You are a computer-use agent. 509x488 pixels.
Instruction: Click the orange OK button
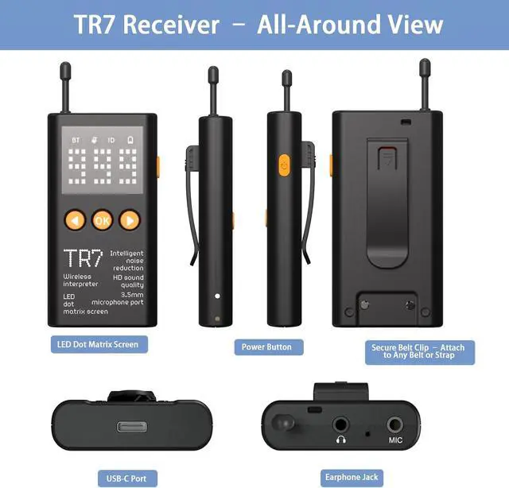click(x=103, y=221)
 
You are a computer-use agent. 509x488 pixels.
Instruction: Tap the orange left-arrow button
click(x=75, y=221)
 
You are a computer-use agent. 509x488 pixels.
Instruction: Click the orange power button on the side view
click(x=285, y=165)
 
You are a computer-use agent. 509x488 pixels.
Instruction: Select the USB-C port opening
click(x=132, y=427)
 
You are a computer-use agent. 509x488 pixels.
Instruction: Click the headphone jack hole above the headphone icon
click(x=340, y=424)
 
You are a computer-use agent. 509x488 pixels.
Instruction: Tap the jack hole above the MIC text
click(x=395, y=424)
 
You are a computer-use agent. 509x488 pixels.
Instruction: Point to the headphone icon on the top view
click(x=341, y=440)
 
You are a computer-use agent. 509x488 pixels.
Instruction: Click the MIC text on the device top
click(x=395, y=440)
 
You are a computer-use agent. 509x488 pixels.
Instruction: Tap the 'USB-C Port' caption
click(x=127, y=478)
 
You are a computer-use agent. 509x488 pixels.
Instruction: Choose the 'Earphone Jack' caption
click(x=352, y=478)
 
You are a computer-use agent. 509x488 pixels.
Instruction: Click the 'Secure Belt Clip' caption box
click(x=420, y=352)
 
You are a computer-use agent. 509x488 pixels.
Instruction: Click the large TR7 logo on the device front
click(x=83, y=258)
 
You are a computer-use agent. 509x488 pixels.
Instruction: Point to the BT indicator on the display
click(x=76, y=140)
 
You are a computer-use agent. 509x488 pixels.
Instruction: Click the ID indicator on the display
click(x=111, y=140)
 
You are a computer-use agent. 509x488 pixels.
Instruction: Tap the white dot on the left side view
click(x=217, y=296)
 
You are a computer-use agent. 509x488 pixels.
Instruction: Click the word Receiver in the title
click(x=171, y=25)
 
